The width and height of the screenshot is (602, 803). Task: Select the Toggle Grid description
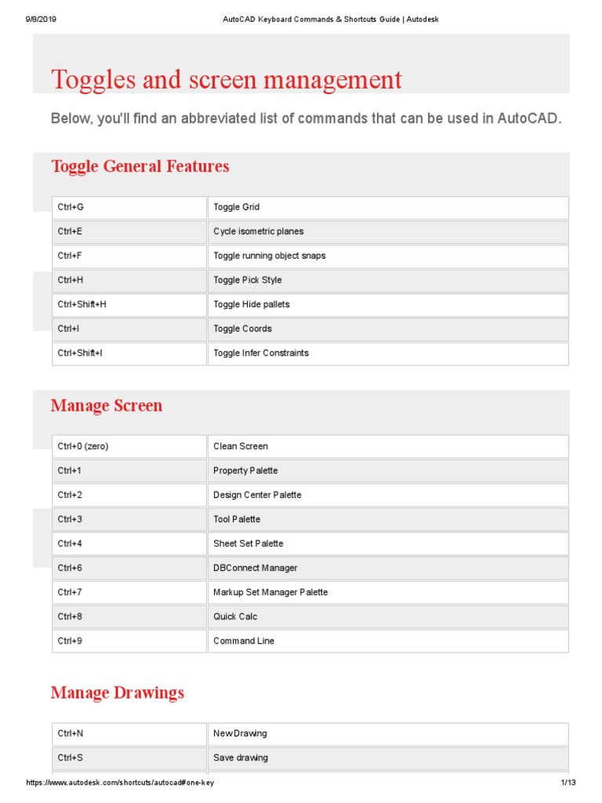[x=236, y=208]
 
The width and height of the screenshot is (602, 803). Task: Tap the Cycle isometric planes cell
[x=258, y=232]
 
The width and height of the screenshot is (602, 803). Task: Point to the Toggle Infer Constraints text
[x=261, y=353]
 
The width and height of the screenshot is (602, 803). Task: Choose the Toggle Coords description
[x=242, y=329]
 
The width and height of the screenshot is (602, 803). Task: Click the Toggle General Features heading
[x=140, y=166]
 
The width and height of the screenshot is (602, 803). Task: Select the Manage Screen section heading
[x=107, y=405]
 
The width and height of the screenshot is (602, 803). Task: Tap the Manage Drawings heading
[x=118, y=692]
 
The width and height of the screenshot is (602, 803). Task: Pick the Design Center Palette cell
[x=257, y=495]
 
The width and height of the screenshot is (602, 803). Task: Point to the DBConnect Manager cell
[x=255, y=568]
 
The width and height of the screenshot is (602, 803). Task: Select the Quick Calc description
[x=235, y=616]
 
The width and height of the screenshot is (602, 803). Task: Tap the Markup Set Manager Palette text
[x=270, y=592]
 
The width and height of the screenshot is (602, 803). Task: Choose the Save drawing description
[x=240, y=758]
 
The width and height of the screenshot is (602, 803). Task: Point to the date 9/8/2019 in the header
[x=41, y=19]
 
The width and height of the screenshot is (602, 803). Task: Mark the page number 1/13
[x=568, y=783]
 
